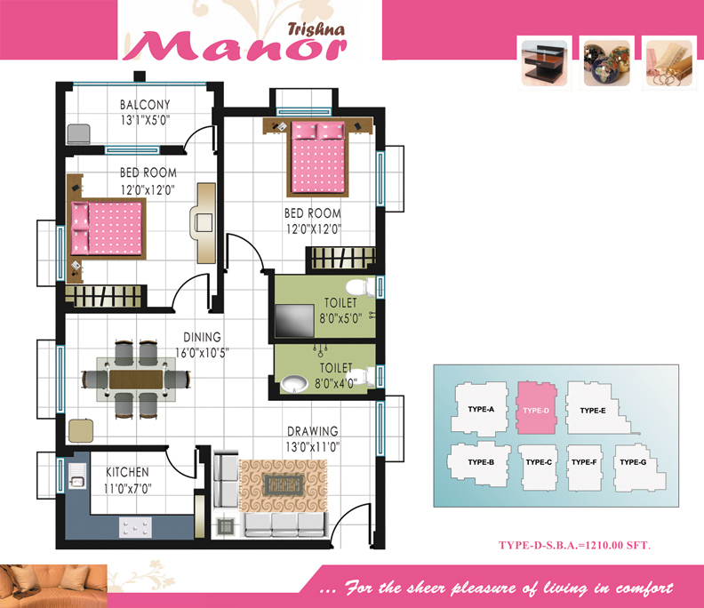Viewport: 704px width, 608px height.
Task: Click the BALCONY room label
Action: point(145,105)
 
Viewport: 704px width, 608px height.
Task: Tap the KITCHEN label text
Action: point(127,472)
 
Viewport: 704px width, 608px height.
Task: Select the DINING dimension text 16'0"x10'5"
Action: point(202,353)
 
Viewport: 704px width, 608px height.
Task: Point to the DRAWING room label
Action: point(313,431)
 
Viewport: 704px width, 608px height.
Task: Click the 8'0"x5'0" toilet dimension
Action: point(340,318)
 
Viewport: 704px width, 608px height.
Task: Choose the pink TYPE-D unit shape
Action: point(537,408)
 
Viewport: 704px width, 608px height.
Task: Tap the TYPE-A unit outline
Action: point(479,409)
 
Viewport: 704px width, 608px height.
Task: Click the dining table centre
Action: point(136,380)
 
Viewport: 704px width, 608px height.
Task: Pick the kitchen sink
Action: point(77,476)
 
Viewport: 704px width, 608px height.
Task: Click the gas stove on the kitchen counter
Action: point(135,527)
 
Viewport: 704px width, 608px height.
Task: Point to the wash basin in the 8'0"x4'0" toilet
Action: point(294,383)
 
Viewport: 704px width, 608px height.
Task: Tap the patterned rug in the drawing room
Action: point(284,486)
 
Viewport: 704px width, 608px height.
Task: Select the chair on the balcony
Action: point(78,134)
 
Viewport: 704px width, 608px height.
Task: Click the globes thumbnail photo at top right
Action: point(606,63)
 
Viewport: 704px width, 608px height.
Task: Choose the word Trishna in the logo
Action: point(316,29)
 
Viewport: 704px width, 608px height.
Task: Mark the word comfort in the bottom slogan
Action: point(644,588)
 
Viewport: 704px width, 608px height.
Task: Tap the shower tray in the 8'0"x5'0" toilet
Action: point(294,321)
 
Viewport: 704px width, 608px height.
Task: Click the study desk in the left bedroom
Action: point(204,223)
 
